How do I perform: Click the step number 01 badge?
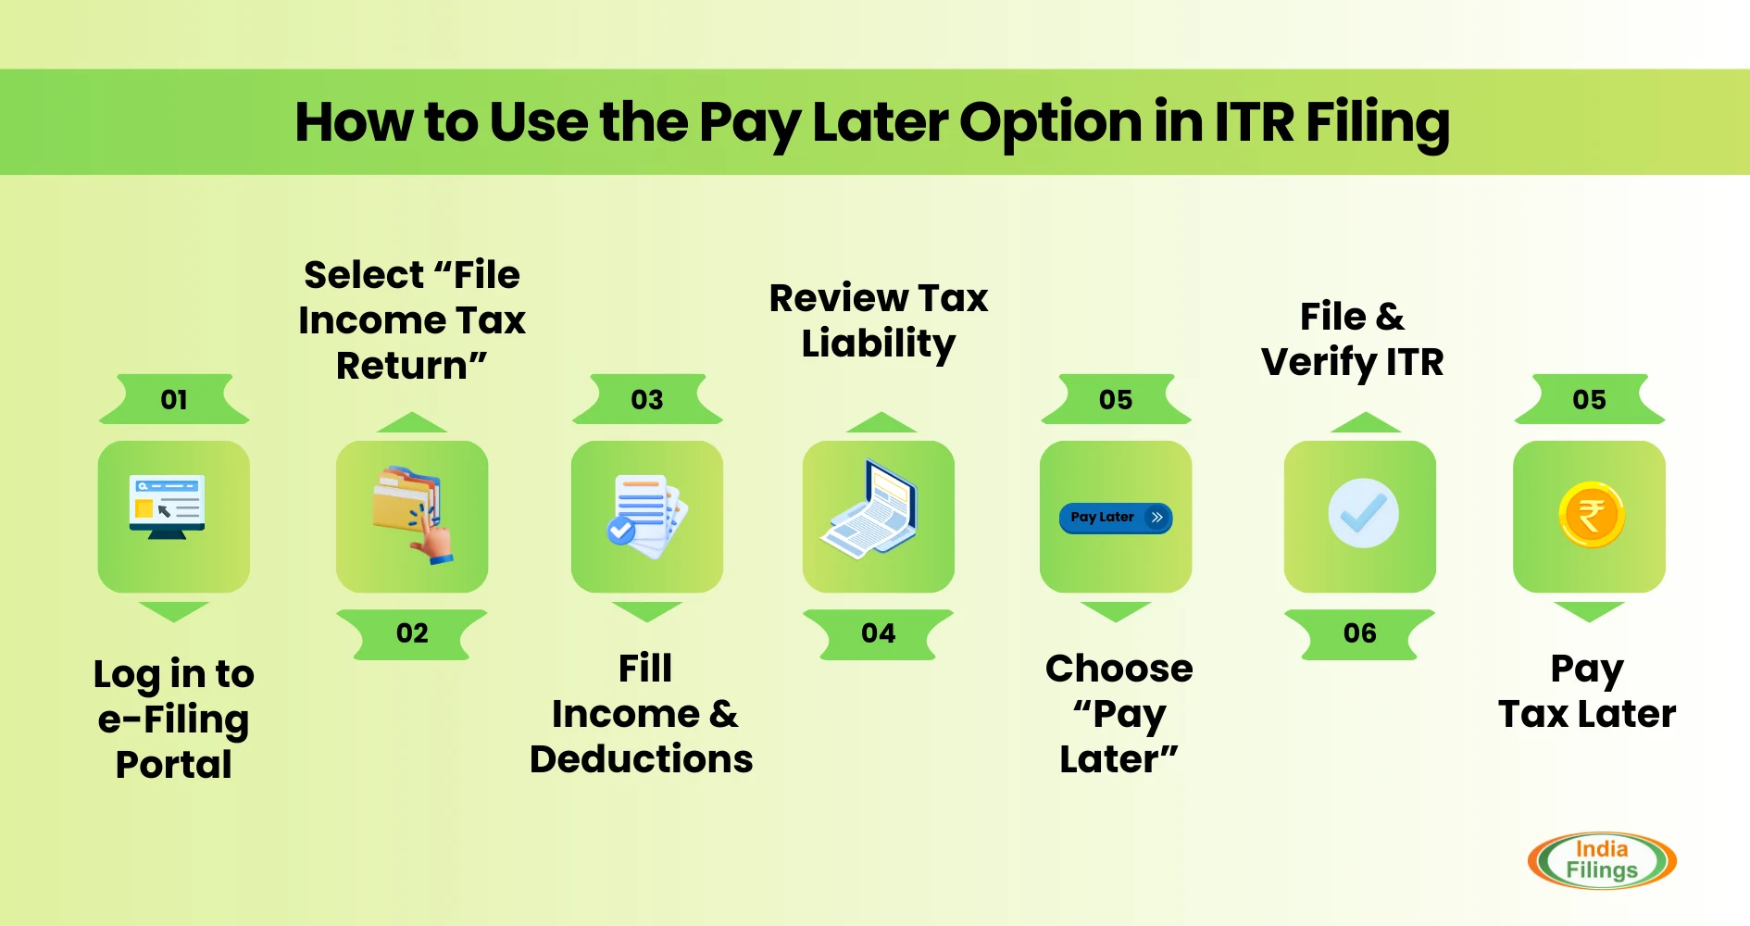coord(174,399)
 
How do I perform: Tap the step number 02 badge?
coord(412,633)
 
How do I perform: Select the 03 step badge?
coord(647,399)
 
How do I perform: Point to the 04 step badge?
coord(879,633)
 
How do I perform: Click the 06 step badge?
coord(1360,633)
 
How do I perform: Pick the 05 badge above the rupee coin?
coord(1589,399)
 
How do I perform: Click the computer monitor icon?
coord(168,507)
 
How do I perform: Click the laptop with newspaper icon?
coord(869,508)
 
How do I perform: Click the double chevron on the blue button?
coord(1157,518)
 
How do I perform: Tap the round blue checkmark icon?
coord(1363,513)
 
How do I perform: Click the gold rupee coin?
coord(1592,515)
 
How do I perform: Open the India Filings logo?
coord(1602,860)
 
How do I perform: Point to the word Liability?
coord(879,344)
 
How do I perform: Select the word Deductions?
coord(642,759)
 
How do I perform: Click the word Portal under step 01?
coord(174,765)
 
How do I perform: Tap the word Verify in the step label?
coord(1319,363)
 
